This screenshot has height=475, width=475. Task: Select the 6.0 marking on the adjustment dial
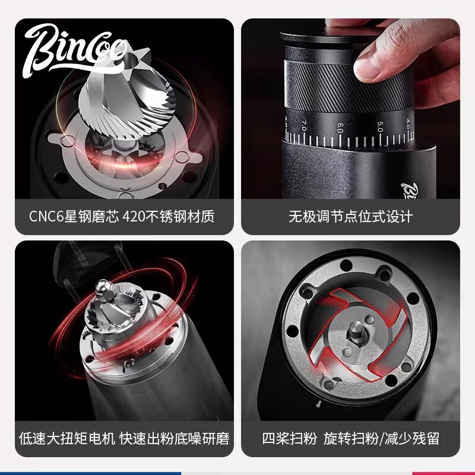coord(340,127)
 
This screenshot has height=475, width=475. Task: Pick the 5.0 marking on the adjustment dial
coord(381,126)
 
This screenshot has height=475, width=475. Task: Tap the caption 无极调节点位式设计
coord(350,216)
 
